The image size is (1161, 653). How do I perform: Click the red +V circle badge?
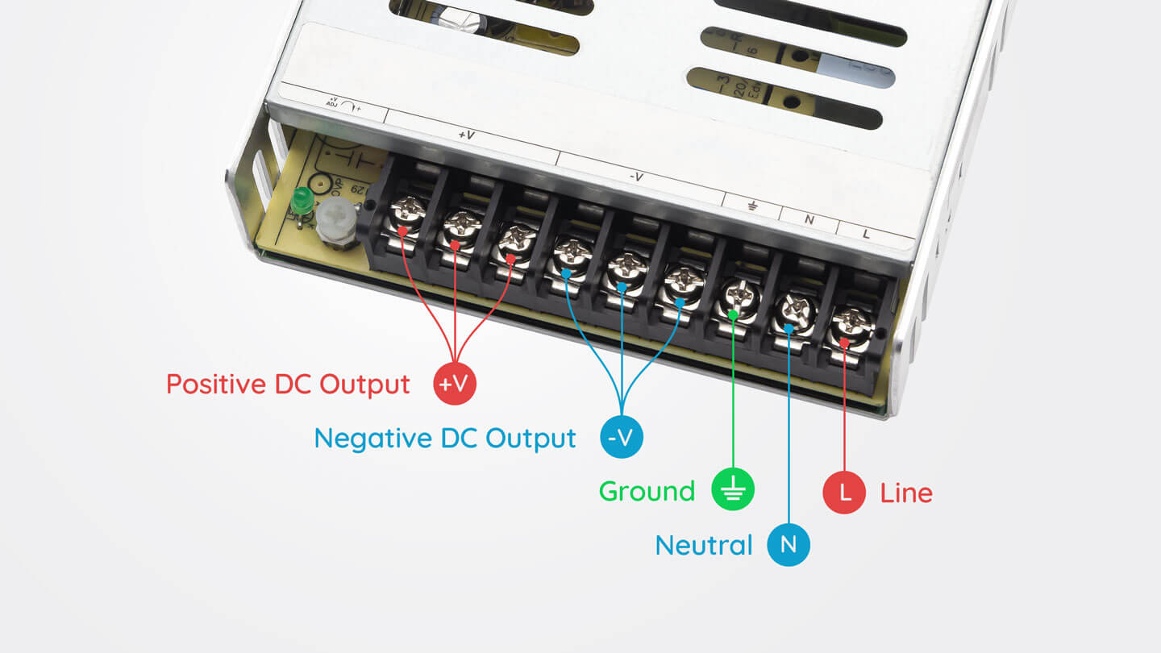click(456, 384)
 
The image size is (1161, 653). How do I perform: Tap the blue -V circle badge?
click(622, 438)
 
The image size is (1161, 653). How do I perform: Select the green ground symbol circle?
click(733, 490)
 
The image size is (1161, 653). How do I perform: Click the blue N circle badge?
click(789, 544)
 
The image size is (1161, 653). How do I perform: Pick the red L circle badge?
click(844, 492)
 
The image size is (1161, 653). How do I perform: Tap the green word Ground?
click(647, 491)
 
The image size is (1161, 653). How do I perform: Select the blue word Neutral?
click(704, 545)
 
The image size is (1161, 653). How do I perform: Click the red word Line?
click(906, 493)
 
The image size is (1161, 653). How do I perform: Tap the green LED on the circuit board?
click(302, 200)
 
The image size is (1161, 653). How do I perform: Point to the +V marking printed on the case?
click(465, 135)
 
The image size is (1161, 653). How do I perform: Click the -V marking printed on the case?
click(636, 177)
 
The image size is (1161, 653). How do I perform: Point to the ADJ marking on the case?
click(333, 103)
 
